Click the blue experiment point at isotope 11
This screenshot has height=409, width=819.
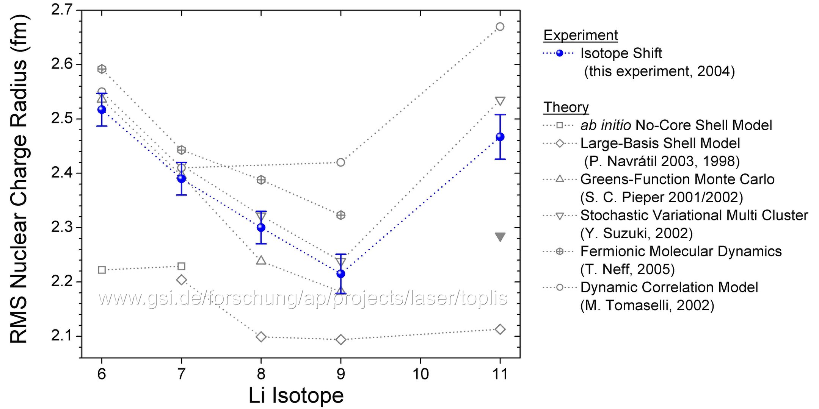500,137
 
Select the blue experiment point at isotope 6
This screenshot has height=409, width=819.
102,109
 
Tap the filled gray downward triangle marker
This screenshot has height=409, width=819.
500,237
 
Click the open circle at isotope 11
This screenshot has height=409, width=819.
500,27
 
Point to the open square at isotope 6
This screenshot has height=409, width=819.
102,270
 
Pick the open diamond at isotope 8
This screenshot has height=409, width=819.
261,337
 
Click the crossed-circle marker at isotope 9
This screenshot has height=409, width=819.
341,215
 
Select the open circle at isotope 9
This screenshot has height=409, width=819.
341,162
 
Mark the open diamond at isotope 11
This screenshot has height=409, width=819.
500,329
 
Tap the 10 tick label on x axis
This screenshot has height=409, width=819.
420,374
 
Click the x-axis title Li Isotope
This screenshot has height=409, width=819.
296,396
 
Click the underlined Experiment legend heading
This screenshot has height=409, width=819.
581,35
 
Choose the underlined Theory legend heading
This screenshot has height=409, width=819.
566,107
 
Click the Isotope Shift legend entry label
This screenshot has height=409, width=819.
621,53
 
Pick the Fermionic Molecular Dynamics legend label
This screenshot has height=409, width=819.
681,251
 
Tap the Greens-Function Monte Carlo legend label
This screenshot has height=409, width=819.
677,180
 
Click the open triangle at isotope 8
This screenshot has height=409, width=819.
261,260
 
